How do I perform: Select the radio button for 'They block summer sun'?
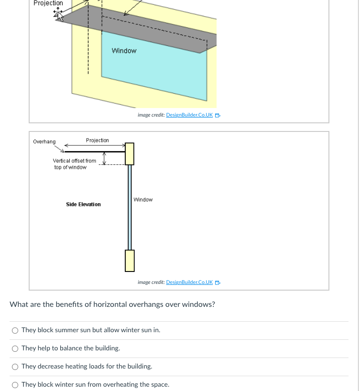tap(15, 330)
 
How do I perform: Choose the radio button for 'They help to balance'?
tap(15, 348)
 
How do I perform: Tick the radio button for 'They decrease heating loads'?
tap(15, 367)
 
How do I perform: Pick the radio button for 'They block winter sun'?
tap(15, 385)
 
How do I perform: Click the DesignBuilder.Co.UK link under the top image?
tap(189, 115)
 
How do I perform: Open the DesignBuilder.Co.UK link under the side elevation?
tap(189, 282)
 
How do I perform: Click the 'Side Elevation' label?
tap(83, 205)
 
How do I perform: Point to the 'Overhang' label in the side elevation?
tap(44, 142)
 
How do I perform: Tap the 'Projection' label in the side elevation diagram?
tap(97, 141)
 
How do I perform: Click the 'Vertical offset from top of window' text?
tap(74, 164)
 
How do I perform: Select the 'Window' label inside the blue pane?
tap(124, 51)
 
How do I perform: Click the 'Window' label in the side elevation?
tap(143, 200)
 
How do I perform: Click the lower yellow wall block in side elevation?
tap(130, 260)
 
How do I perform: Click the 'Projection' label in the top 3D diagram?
tap(48, 3)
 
